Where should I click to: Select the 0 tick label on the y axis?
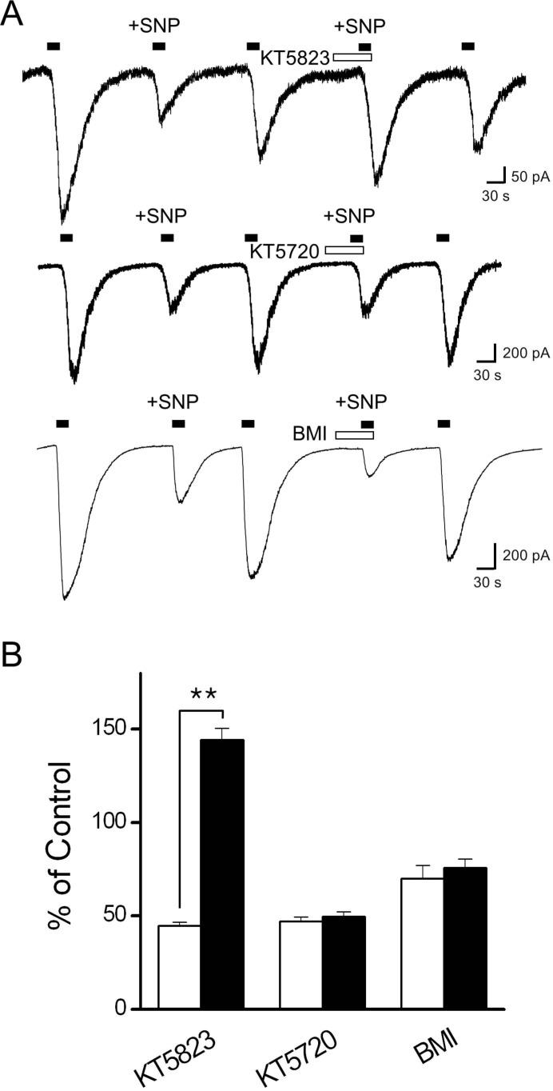120,1009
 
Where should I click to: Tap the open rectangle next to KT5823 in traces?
352,57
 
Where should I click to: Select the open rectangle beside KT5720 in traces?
344,250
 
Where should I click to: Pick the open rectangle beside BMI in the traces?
354,435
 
